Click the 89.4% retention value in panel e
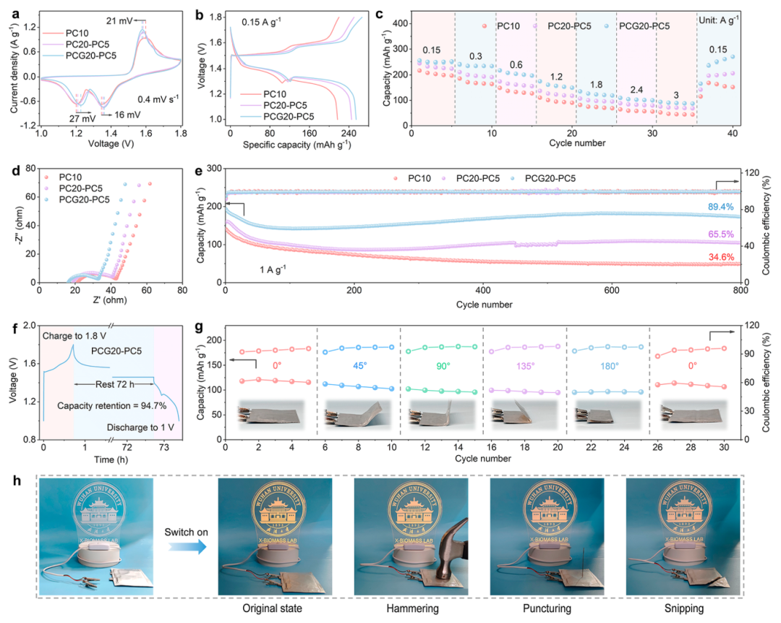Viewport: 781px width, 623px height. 727,207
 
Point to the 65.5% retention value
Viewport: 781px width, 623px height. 727,234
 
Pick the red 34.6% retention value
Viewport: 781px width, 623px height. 727,257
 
